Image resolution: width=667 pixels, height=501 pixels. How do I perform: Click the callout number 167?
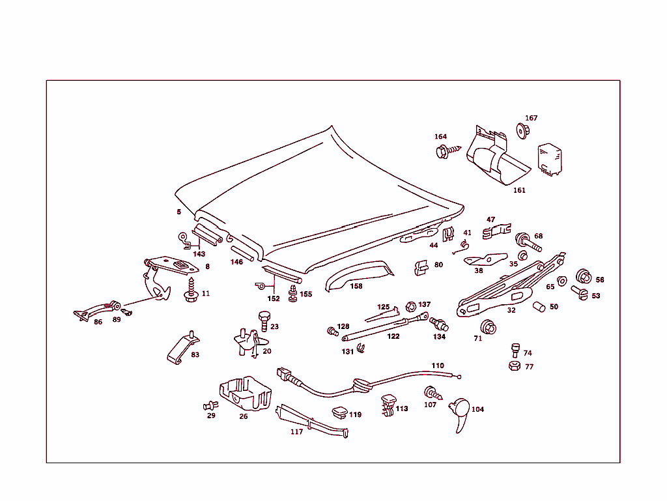(532, 118)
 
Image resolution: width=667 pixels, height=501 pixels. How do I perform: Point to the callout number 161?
(519, 190)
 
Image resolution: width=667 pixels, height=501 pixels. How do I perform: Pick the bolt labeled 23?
(264, 320)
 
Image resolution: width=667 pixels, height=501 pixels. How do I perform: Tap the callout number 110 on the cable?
(437, 365)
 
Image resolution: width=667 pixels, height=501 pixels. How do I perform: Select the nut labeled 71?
(487, 326)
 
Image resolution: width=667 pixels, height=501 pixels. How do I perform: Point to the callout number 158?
(356, 285)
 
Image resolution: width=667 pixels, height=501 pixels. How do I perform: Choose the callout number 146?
(236, 261)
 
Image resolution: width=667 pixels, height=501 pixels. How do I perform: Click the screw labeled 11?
(191, 291)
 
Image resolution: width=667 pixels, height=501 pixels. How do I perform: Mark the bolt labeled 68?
(527, 242)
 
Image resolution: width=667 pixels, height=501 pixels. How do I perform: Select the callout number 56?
(599, 279)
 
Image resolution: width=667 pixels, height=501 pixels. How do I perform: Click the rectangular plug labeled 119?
(340, 412)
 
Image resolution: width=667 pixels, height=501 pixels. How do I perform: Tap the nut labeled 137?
(410, 306)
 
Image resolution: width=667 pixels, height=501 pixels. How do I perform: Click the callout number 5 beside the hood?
(178, 212)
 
